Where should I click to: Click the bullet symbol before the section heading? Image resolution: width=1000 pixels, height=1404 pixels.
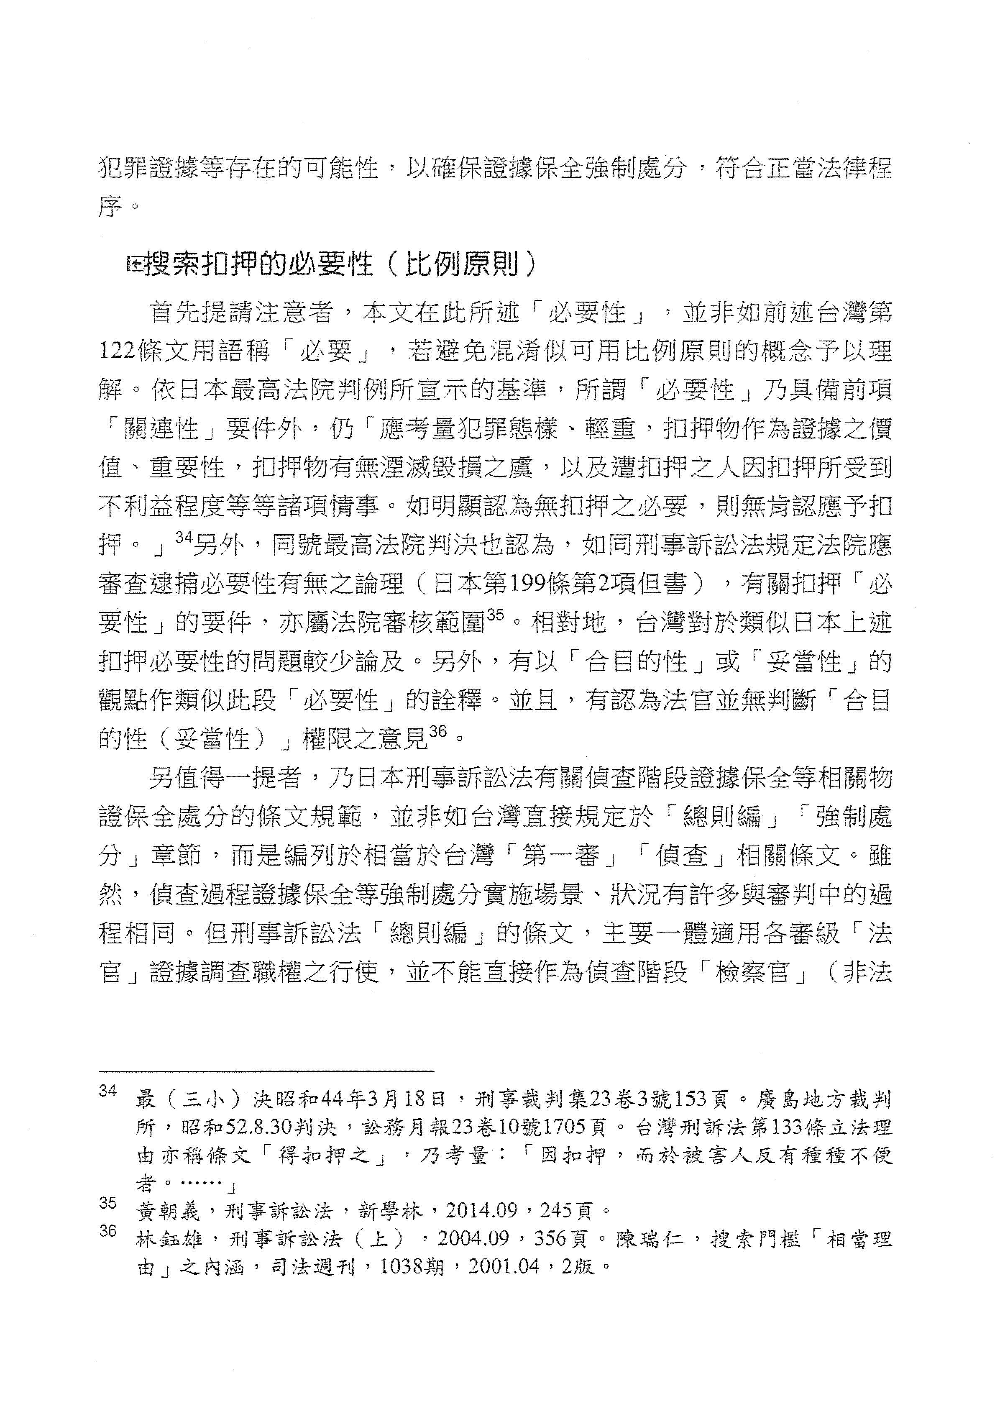133,265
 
